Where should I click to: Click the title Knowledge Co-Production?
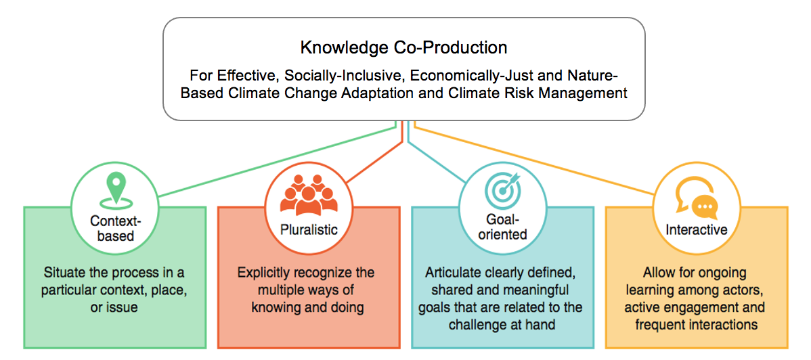coord(403,48)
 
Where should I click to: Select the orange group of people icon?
coord(309,195)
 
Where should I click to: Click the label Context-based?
coord(115,229)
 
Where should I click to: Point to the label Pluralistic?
coord(309,229)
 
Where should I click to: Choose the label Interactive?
coord(696,230)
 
